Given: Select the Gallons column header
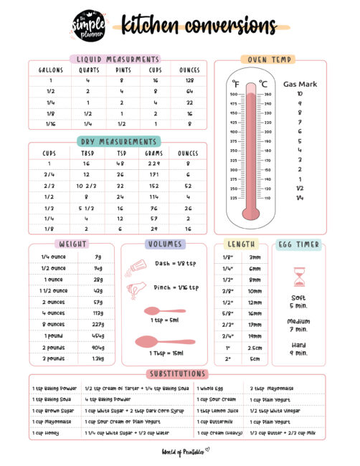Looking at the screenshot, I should (50, 70).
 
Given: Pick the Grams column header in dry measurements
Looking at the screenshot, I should (154, 153).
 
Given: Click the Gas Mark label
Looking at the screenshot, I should (300, 84).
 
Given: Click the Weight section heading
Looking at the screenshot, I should (74, 244).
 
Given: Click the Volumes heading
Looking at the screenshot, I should (165, 244).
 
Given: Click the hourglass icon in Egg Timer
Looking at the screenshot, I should (299, 277).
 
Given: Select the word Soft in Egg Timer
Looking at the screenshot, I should (299, 298).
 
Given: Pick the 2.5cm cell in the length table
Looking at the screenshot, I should (255, 347).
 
